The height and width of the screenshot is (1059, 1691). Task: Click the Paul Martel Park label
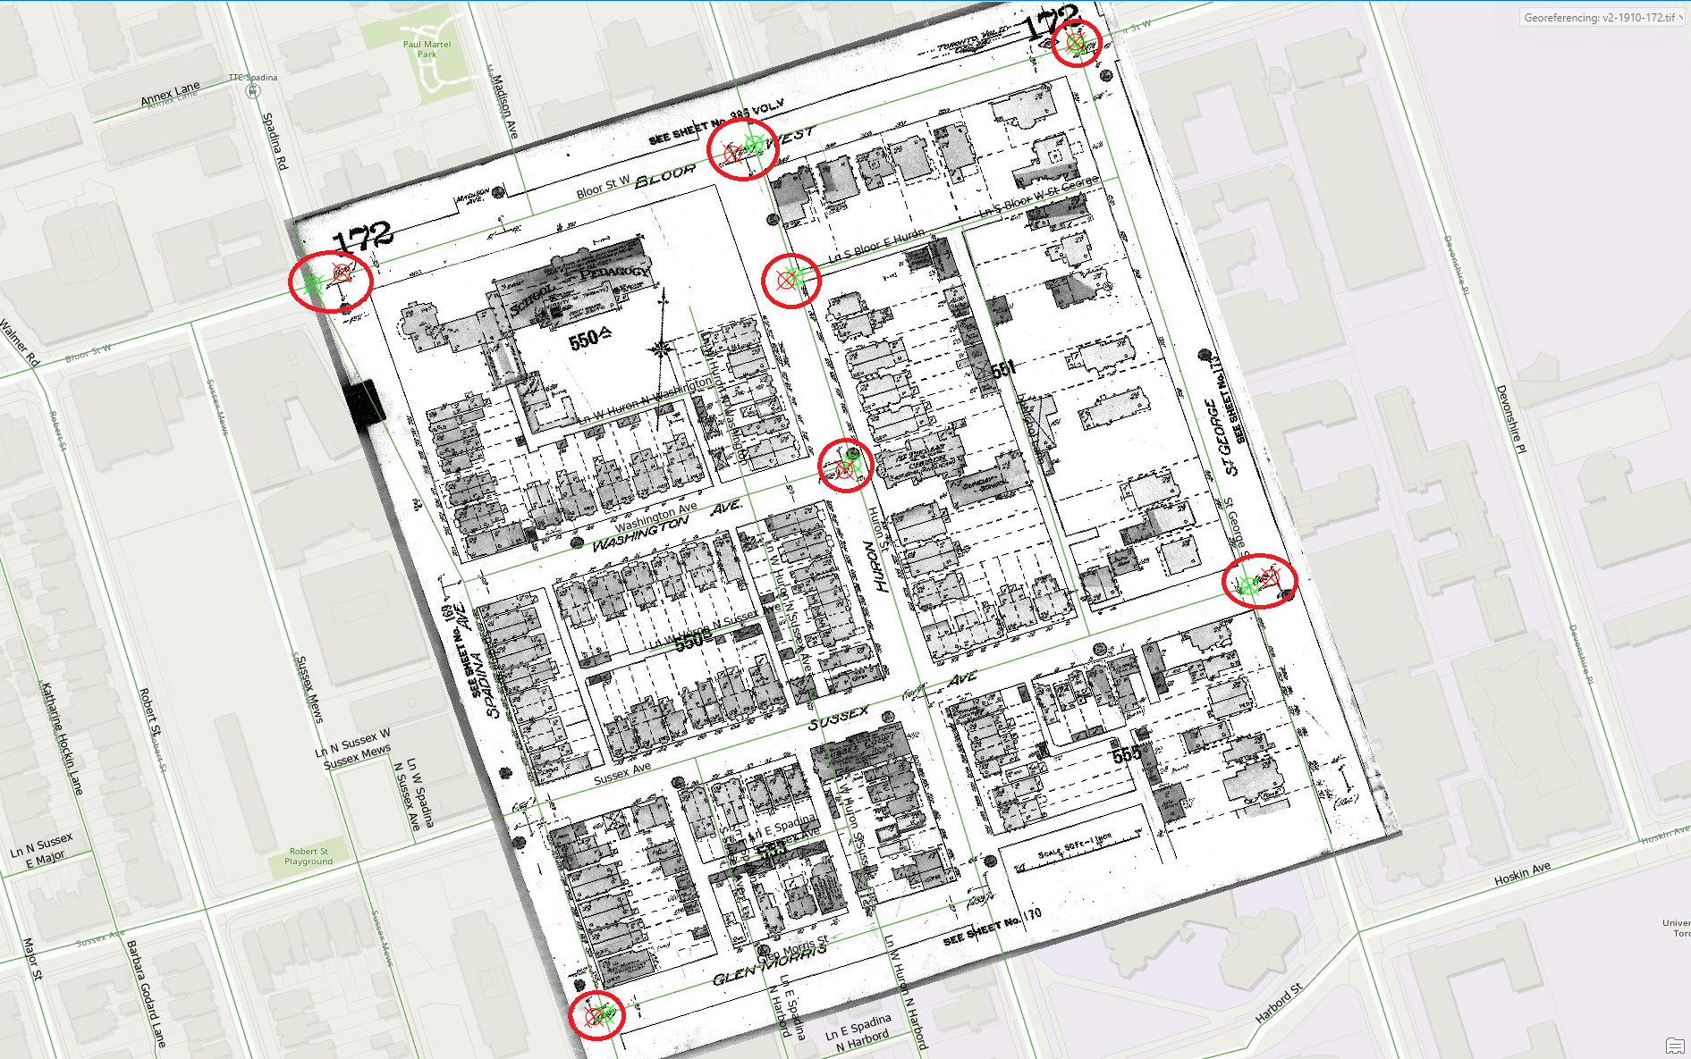(x=427, y=49)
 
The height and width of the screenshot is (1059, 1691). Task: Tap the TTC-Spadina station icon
(x=253, y=90)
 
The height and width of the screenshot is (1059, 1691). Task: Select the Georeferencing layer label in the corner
(x=1600, y=18)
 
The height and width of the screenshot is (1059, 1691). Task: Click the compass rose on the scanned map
(x=662, y=348)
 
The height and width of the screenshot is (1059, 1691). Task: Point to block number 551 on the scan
(x=1003, y=368)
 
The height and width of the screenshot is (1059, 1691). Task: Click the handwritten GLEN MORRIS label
(x=769, y=963)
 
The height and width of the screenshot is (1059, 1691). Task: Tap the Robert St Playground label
(x=309, y=857)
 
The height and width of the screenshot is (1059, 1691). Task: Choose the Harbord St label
(x=1279, y=1004)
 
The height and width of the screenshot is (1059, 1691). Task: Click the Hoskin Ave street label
(x=1522, y=874)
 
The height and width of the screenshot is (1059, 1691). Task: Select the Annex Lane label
(x=170, y=93)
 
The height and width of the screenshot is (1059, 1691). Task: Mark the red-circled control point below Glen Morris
(x=597, y=1015)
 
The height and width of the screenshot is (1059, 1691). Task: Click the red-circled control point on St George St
(x=1259, y=582)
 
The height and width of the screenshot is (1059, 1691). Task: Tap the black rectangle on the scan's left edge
(x=364, y=404)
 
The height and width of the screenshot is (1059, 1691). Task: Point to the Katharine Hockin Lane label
(x=63, y=738)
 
